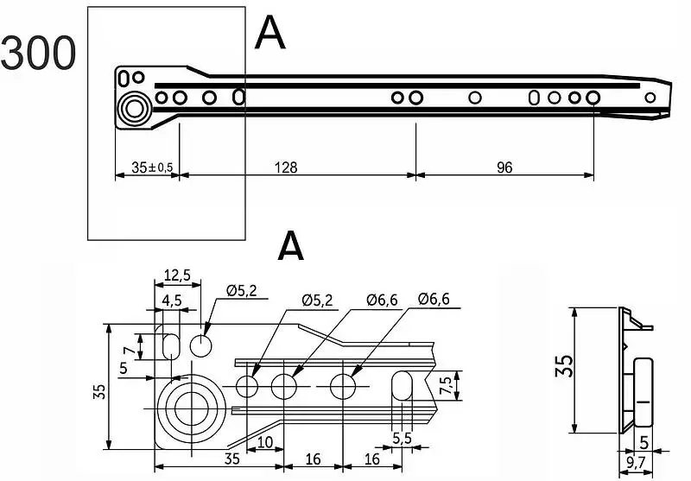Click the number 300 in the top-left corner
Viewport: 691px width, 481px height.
(x=38, y=54)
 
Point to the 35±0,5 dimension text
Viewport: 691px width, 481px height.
(x=145, y=168)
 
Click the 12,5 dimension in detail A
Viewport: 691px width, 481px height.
(x=177, y=274)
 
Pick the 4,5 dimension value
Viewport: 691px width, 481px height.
(x=171, y=301)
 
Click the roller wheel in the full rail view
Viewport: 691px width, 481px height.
(x=135, y=109)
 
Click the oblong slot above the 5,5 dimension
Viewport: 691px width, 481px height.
(x=402, y=385)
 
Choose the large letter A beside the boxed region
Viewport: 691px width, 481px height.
(x=270, y=35)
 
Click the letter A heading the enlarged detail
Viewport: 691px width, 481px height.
(x=291, y=246)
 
